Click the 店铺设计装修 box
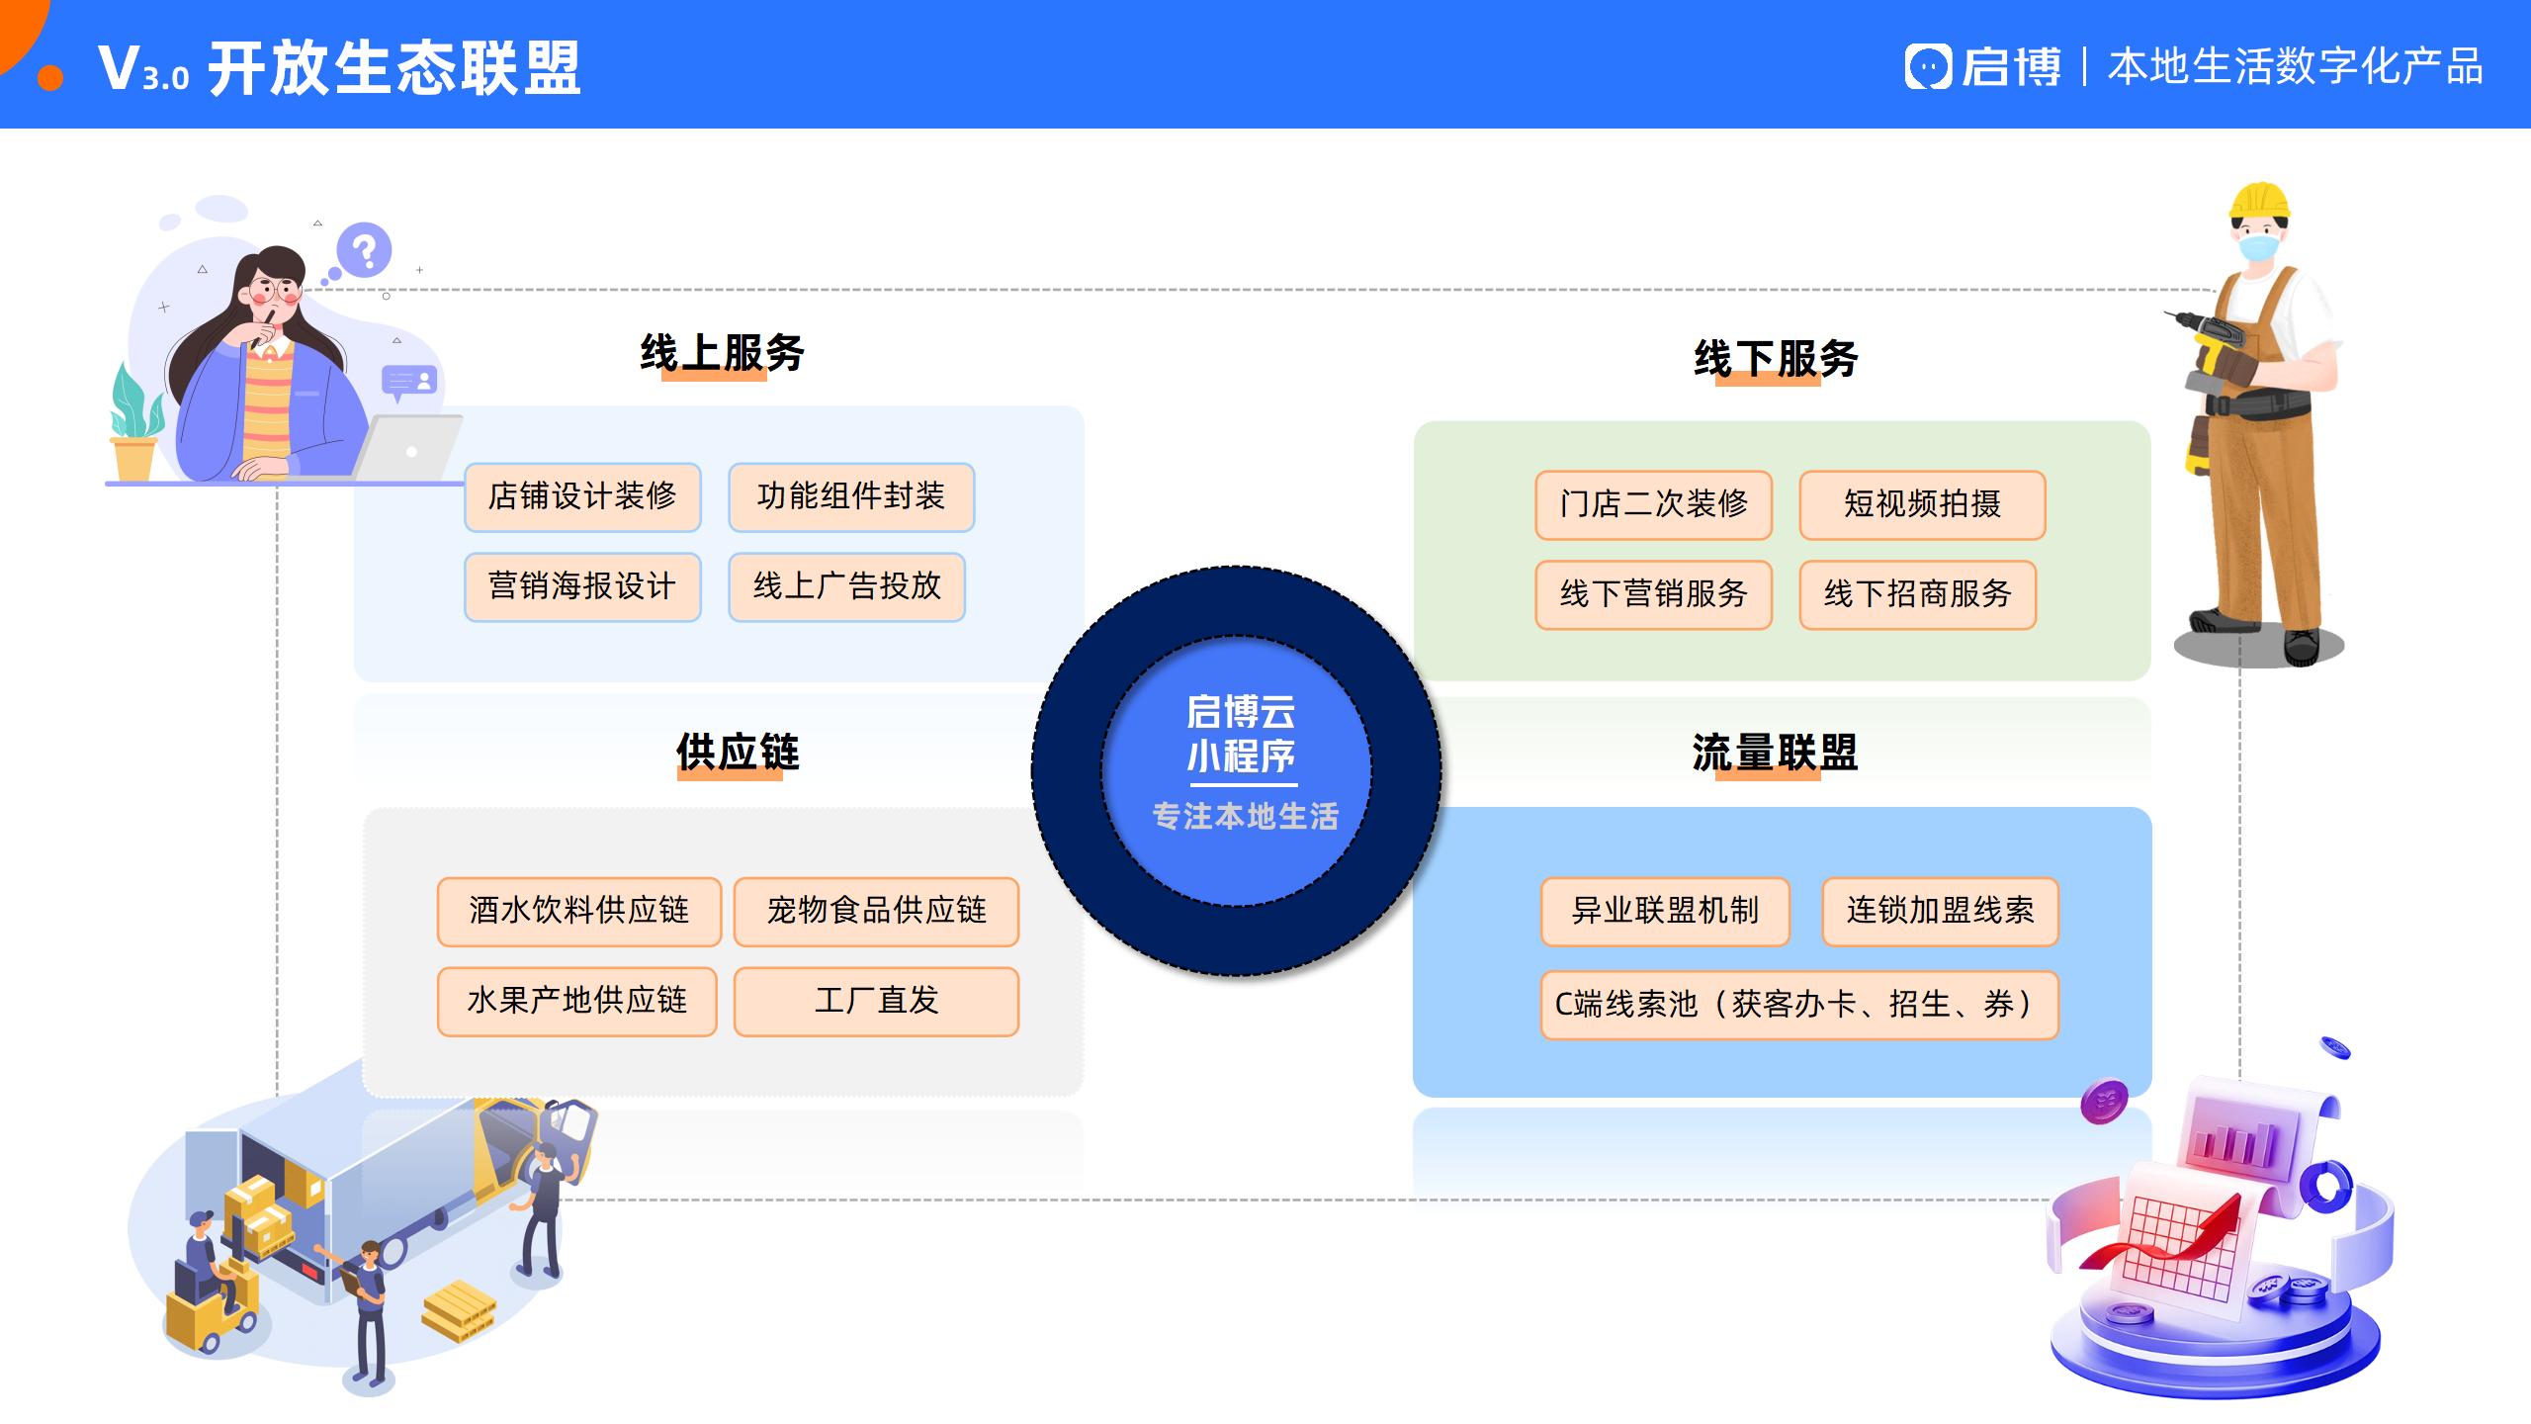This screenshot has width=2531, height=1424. [582, 496]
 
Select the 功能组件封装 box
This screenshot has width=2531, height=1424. [851, 496]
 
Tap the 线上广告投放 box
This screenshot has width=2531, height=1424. [846, 586]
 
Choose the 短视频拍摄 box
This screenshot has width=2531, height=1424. [1922, 504]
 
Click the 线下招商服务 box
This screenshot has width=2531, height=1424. [1917, 594]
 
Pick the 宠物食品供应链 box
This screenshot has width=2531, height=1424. [876, 911]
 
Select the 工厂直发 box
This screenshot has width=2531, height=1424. [876, 1001]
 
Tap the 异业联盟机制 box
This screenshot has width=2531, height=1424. [1665, 911]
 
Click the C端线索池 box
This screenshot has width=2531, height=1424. [1798, 1005]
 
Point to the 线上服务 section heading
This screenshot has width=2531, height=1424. [722, 353]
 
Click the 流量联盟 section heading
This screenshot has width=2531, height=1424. [1775, 754]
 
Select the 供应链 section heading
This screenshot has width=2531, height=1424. [738, 753]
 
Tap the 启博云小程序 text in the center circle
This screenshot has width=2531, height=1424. [1241, 735]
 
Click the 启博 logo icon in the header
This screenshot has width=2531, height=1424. [1927, 67]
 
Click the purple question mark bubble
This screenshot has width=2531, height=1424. [364, 251]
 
